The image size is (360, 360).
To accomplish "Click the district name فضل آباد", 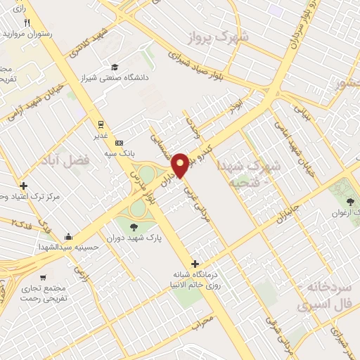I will [79, 160].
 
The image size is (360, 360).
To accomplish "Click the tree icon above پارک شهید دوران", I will [134, 226].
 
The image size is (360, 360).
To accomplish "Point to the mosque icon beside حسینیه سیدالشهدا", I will [68, 236].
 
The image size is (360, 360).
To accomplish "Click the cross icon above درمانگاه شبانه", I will [195, 264].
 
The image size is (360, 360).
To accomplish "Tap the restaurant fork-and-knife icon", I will [27, 22].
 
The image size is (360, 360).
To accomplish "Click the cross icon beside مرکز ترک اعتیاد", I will [24, 186].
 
